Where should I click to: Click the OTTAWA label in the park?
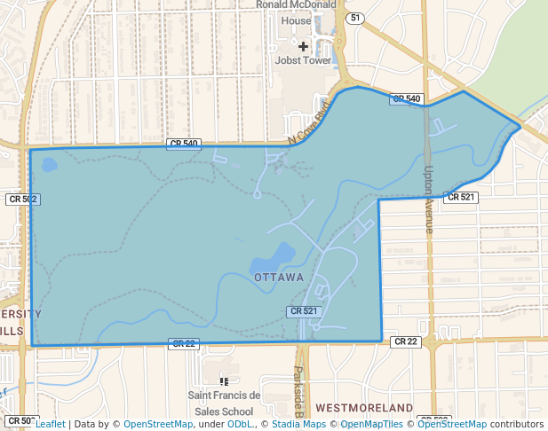click(x=279, y=278)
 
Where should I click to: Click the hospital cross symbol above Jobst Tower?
click(x=304, y=45)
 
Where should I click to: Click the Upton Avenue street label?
click(x=429, y=200)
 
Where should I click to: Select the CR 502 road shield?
click(x=22, y=200)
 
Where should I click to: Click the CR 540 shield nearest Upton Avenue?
click(x=406, y=98)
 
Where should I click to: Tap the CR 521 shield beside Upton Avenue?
click(x=462, y=197)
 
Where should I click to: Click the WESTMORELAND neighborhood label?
click(x=364, y=408)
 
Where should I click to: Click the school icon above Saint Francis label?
click(x=224, y=381)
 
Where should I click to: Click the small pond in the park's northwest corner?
click(x=49, y=164)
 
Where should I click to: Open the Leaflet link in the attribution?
click(x=51, y=424)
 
